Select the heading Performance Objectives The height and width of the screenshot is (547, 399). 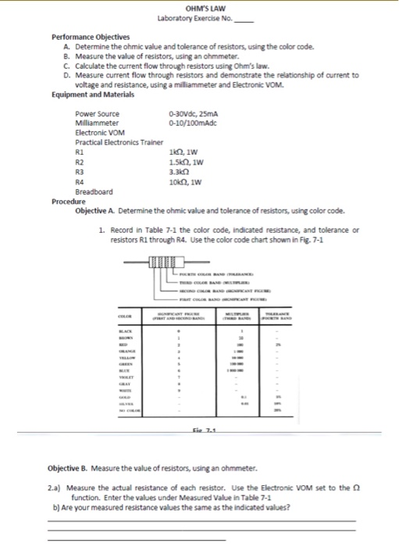[91, 37]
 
